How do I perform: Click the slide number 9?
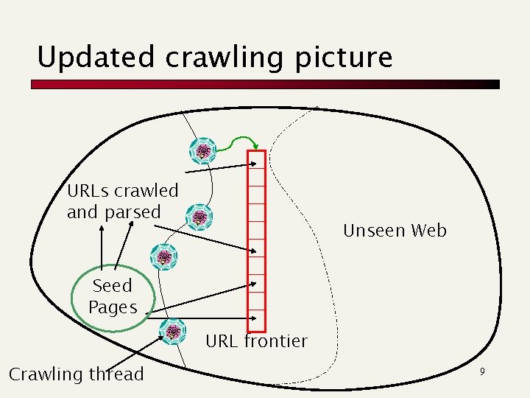point(482,372)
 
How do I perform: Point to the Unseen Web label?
point(395,231)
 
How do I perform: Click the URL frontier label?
point(256,341)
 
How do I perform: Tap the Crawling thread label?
point(76,374)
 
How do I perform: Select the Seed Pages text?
point(113,296)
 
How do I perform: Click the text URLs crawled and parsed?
point(122,201)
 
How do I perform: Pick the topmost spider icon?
point(202,151)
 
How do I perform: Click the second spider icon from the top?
point(199,217)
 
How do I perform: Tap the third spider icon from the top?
point(163,256)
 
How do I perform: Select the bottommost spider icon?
point(173,332)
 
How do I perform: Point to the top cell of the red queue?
point(256,159)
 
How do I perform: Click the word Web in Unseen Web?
point(429,231)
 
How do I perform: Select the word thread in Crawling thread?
point(116,374)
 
